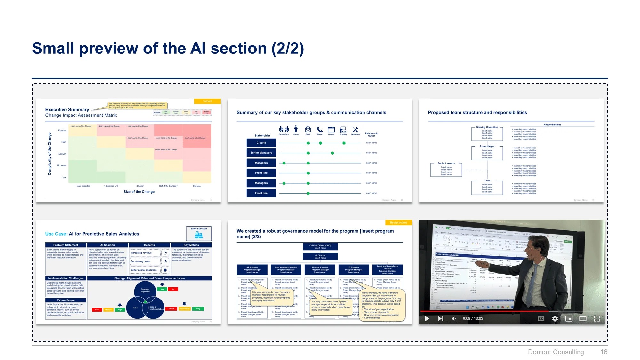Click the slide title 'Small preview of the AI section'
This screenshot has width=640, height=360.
pos(168,49)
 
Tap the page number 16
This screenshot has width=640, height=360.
pos(604,352)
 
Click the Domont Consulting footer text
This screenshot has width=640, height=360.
pos(556,352)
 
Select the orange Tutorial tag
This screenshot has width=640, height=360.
pos(207,101)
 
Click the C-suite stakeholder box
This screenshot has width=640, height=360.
pos(261,143)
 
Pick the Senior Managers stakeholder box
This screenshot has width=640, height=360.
pos(261,153)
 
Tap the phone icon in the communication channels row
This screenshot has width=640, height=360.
pos(319,130)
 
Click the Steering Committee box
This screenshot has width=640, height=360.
pos(487,133)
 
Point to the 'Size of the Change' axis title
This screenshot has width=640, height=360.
pos(139,192)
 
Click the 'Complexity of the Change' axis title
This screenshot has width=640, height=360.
pos(50,154)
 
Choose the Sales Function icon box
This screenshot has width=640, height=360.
pos(199,234)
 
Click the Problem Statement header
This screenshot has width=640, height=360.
pos(66,245)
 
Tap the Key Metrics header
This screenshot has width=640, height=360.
pos(191,245)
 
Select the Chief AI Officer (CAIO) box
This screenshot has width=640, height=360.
pos(320,247)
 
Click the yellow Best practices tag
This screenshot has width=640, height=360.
pos(398,223)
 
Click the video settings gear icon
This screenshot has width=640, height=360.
pos(555,318)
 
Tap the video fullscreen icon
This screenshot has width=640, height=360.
pos(596,318)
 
